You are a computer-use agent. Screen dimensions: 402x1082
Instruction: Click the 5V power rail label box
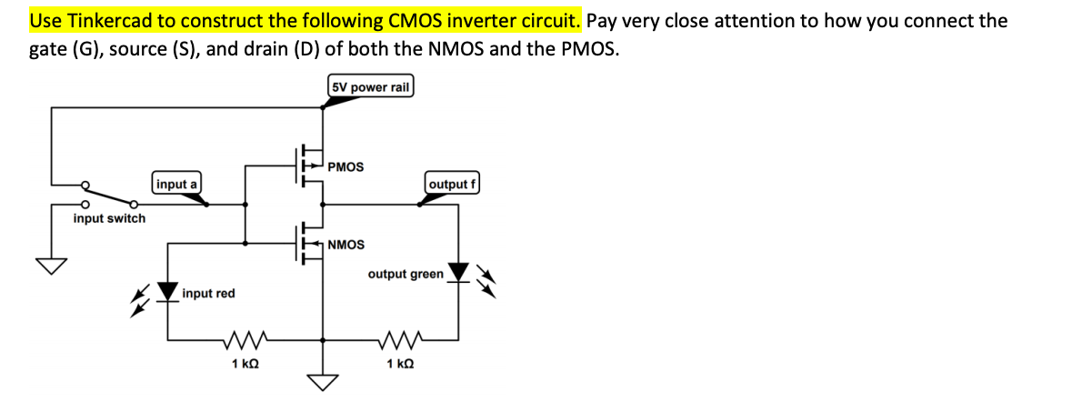[370, 87]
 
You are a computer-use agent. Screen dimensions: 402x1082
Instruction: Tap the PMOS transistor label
[346, 166]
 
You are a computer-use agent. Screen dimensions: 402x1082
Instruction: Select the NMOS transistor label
[346, 245]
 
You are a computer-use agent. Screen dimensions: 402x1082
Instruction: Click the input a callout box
[176, 184]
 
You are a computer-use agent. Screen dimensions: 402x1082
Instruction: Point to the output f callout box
[452, 184]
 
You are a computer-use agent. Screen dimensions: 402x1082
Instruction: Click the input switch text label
[109, 218]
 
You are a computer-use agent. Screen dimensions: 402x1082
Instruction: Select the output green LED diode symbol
[459, 272]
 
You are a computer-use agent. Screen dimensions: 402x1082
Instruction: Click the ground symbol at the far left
[52, 265]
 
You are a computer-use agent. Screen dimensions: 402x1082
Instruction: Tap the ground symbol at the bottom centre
[323, 379]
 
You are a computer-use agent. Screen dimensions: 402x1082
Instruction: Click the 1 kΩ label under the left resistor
[245, 365]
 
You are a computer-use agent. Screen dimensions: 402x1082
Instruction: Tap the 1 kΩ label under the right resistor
[400, 365]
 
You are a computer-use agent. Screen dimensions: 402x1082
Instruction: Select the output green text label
[406, 273]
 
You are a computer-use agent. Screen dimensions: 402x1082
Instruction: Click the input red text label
[208, 293]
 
